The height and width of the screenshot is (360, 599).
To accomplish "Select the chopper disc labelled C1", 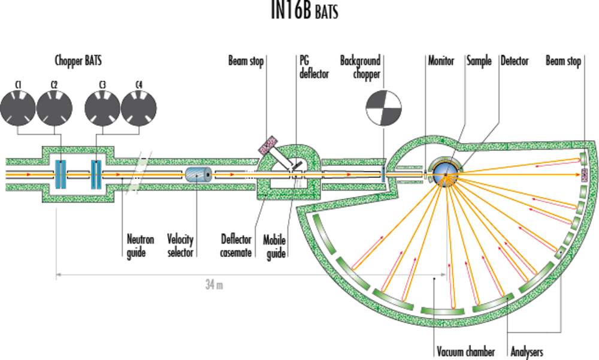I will (19, 109).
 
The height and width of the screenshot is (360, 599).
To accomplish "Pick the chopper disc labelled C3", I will (103, 109).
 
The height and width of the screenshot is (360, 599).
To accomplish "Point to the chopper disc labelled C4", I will (139, 109).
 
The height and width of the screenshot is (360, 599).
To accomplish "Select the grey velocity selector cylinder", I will (198, 175).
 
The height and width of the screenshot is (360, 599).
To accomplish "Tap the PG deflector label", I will (314, 67).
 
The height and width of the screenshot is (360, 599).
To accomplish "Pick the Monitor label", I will (441, 60).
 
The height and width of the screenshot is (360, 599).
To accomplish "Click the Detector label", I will (515, 60).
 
